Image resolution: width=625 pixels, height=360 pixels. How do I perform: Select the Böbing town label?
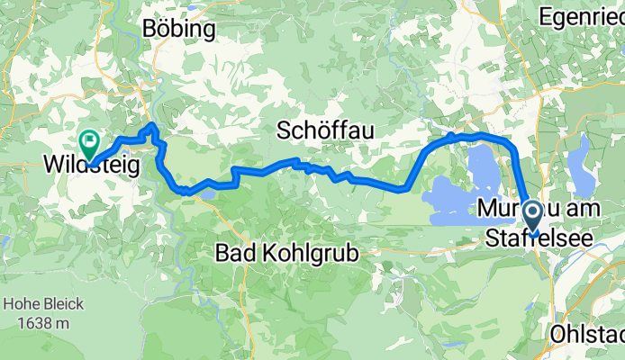180,29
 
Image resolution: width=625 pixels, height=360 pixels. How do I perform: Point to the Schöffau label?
325,131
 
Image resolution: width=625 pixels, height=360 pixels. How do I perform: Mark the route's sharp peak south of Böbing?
154,125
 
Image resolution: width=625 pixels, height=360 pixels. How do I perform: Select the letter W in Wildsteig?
54,166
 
